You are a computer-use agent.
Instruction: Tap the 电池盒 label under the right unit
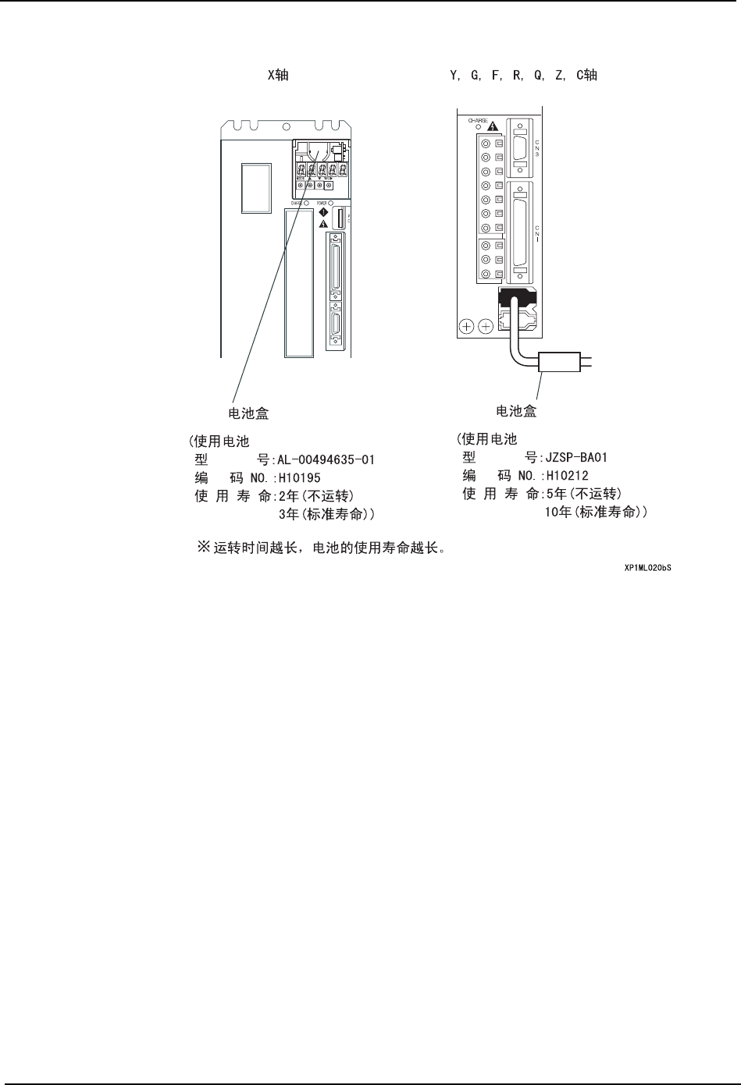tap(516, 410)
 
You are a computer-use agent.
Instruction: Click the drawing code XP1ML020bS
tap(647, 568)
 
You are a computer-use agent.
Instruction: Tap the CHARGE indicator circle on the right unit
tap(478, 127)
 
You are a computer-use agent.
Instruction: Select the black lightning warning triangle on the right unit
tap(493, 126)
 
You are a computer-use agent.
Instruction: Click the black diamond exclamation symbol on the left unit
tap(323, 212)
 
